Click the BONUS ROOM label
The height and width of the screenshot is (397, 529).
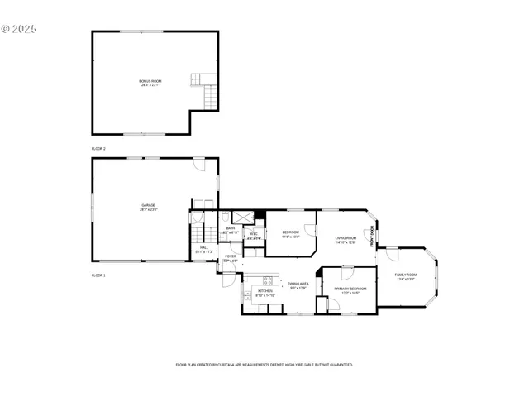click(150, 82)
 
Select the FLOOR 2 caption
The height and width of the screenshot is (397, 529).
click(98, 148)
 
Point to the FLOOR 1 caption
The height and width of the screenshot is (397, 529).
click(98, 274)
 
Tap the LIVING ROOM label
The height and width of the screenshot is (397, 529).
click(346, 240)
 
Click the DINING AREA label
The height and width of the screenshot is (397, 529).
click(298, 285)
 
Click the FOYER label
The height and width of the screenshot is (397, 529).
click(231, 258)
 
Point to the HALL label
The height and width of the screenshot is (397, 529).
click(203, 249)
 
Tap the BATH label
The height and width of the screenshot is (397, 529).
click(231, 230)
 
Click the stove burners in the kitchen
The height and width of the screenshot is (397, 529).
click(268, 280)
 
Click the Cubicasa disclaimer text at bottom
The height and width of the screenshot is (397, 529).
click(264, 364)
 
